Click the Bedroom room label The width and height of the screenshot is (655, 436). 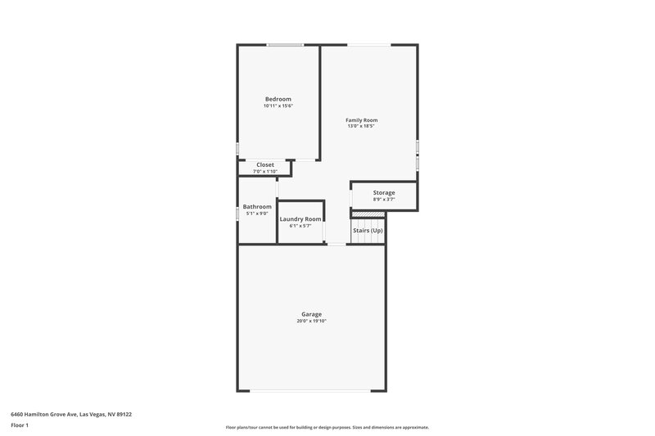point(278,99)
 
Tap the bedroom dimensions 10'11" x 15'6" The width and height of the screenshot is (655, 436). point(278,106)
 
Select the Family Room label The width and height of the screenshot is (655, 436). point(361,120)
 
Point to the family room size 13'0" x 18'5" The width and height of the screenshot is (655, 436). point(361,127)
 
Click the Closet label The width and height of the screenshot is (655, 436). point(265,164)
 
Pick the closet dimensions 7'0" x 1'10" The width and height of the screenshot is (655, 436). point(265,171)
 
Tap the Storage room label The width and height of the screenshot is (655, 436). point(384,192)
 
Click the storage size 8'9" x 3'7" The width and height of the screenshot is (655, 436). point(384,199)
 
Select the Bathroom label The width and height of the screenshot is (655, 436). point(257,206)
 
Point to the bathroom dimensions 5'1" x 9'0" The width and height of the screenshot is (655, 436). point(257,214)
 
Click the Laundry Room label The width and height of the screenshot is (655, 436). point(300,218)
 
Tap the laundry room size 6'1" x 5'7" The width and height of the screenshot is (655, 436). point(300,226)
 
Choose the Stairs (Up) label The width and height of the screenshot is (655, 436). point(368,231)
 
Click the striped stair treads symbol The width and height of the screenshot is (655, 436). point(368,213)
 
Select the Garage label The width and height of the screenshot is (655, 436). point(311,314)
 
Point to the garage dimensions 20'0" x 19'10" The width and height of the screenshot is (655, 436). point(311,321)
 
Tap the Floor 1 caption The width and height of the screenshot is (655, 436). point(20,426)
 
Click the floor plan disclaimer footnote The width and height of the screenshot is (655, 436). point(327,427)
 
